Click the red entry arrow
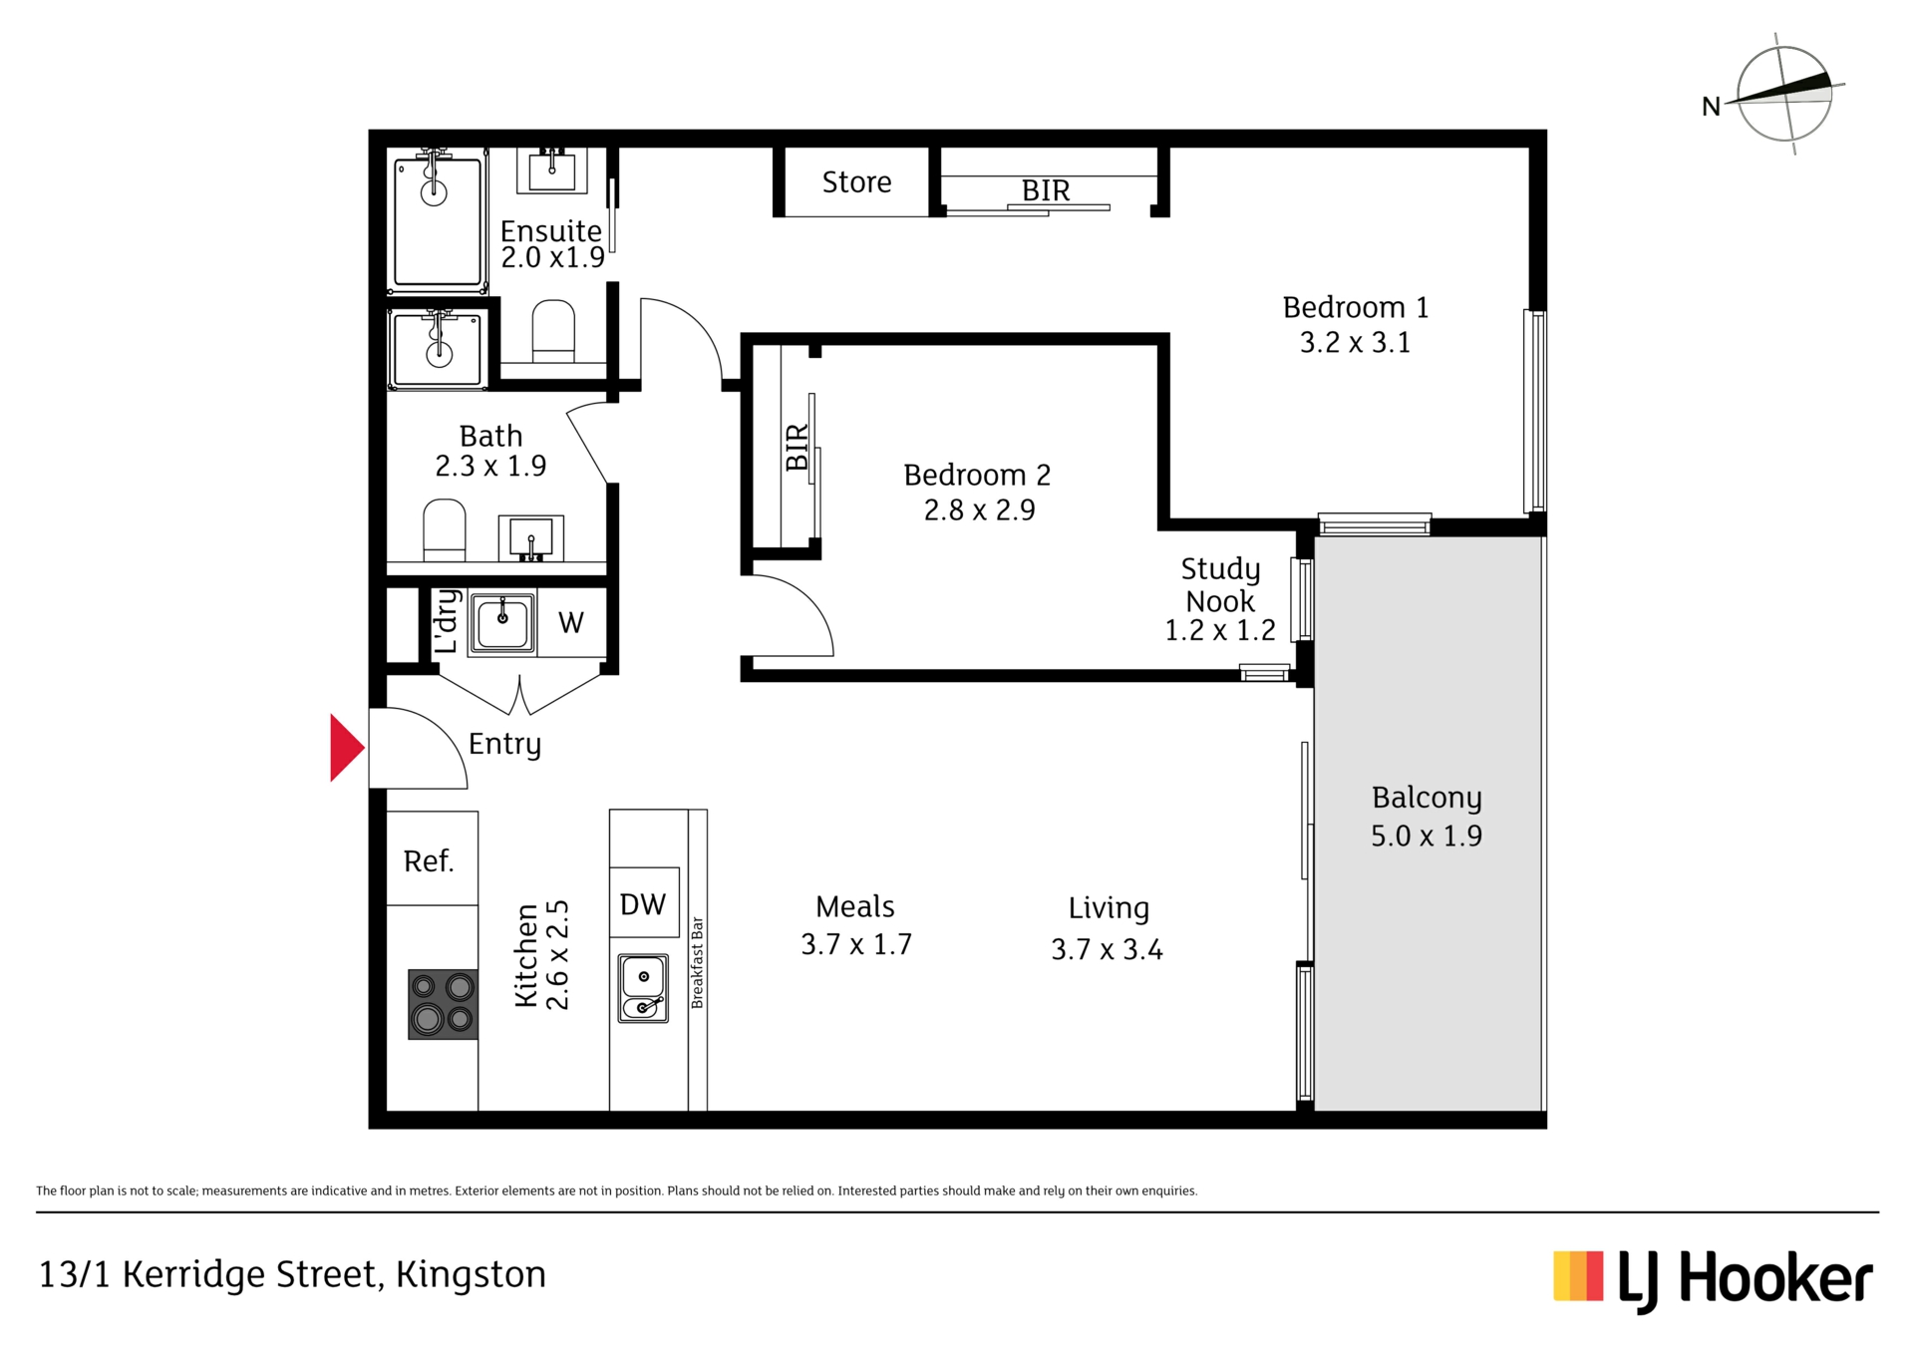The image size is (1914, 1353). pyautogui.click(x=346, y=747)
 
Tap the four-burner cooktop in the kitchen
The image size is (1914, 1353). pyautogui.click(x=443, y=1005)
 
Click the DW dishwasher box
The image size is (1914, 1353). pyautogui.click(x=644, y=902)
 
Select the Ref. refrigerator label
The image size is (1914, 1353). pyautogui.click(x=429, y=860)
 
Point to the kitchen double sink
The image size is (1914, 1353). pyautogui.click(x=643, y=988)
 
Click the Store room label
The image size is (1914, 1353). pyautogui.click(x=856, y=182)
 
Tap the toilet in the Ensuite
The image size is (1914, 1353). pyautogui.click(x=553, y=330)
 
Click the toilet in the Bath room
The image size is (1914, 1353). pyautogui.click(x=445, y=529)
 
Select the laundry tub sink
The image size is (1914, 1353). pyautogui.click(x=502, y=623)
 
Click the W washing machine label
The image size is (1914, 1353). pyautogui.click(x=571, y=623)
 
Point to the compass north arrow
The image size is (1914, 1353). pyautogui.click(x=1783, y=91)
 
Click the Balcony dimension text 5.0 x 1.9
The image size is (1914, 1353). pyautogui.click(x=1427, y=836)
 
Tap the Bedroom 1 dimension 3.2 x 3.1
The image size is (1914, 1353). pyautogui.click(x=1355, y=343)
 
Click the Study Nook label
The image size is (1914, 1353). pyautogui.click(x=1221, y=585)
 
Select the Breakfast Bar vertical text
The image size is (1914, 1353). pyautogui.click(x=697, y=962)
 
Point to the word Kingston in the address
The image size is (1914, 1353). pyautogui.click(x=471, y=1275)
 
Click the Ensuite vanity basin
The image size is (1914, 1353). pyautogui.click(x=551, y=170)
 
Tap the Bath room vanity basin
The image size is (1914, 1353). pyautogui.click(x=530, y=538)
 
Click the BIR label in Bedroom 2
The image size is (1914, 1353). pyautogui.click(x=797, y=447)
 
